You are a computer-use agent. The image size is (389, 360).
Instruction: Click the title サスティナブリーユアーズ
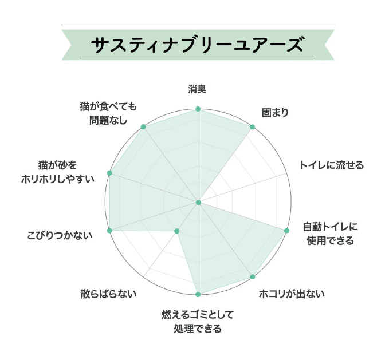point(197,44)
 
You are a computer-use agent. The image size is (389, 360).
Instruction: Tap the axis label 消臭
point(197,89)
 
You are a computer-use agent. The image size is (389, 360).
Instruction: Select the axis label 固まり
point(274,113)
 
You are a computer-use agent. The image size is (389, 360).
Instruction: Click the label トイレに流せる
point(331,165)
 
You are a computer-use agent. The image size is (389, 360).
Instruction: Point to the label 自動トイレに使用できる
point(330,234)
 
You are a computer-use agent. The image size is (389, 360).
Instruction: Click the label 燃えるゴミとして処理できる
point(198,321)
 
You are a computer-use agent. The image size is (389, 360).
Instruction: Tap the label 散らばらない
point(109,294)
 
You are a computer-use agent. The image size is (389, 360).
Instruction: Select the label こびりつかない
point(60,235)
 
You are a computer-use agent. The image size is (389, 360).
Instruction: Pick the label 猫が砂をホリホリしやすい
point(65,172)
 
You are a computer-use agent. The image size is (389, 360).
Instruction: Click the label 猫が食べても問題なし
point(108,113)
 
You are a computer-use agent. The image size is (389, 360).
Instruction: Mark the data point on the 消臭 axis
point(198,109)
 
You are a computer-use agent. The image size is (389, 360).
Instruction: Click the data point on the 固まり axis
point(252,126)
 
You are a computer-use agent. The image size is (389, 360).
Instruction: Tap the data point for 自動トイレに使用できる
point(286,230)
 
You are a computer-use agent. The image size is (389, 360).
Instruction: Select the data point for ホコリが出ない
point(252,277)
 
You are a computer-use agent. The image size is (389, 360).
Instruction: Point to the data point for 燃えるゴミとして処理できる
point(198,294)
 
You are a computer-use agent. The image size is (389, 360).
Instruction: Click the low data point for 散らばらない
point(176,231)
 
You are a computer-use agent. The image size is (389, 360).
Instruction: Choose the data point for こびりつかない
point(109,230)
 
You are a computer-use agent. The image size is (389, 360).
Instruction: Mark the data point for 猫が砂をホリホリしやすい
point(109,173)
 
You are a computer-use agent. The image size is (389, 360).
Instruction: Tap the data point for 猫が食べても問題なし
point(143,126)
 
